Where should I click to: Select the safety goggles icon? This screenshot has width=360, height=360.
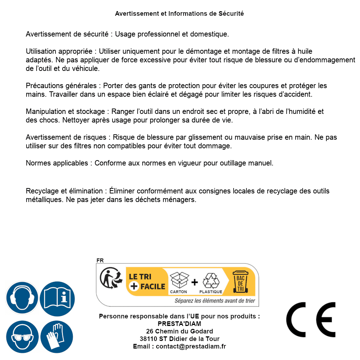click(x=22, y=337)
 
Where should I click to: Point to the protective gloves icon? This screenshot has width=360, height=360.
click(x=57, y=337)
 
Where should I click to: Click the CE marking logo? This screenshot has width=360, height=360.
click(x=311, y=320)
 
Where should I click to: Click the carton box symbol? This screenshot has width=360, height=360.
click(x=179, y=280)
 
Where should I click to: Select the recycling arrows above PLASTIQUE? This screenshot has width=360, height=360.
click(x=211, y=280)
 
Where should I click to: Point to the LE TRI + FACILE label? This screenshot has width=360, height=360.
click(x=147, y=281)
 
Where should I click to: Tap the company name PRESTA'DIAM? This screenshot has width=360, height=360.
click(x=179, y=324)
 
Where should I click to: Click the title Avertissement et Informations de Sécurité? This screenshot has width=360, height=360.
click(x=179, y=14)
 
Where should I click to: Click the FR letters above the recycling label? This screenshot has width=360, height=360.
click(x=100, y=260)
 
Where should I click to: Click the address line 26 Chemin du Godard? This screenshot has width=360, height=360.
click(x=179, y=331)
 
